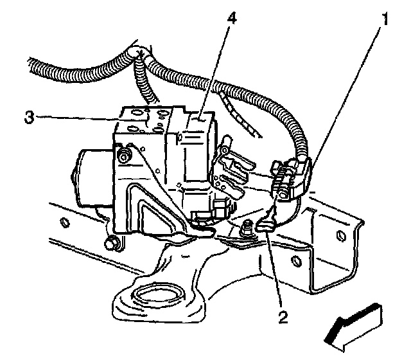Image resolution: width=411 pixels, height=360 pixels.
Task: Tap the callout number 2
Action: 283,317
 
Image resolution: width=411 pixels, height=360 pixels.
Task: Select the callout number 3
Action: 29,117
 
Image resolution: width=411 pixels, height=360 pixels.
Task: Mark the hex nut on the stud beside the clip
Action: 247,228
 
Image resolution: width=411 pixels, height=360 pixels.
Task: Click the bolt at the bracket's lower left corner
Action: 112,244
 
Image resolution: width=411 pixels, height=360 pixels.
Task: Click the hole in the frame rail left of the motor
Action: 64,222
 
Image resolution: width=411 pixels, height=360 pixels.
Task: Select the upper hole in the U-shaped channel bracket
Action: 341,235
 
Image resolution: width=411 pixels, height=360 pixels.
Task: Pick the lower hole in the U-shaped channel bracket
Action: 297,260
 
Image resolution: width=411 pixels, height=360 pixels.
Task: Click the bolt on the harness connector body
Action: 283,193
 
